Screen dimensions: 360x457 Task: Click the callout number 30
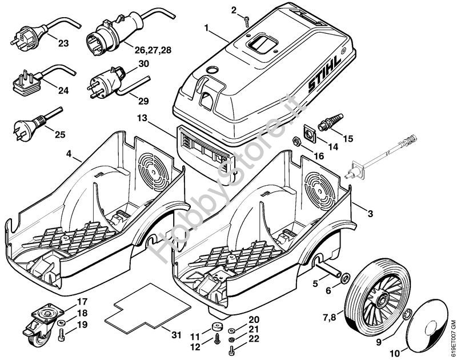pos(143,63)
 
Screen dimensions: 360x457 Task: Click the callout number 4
pos(69,154)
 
